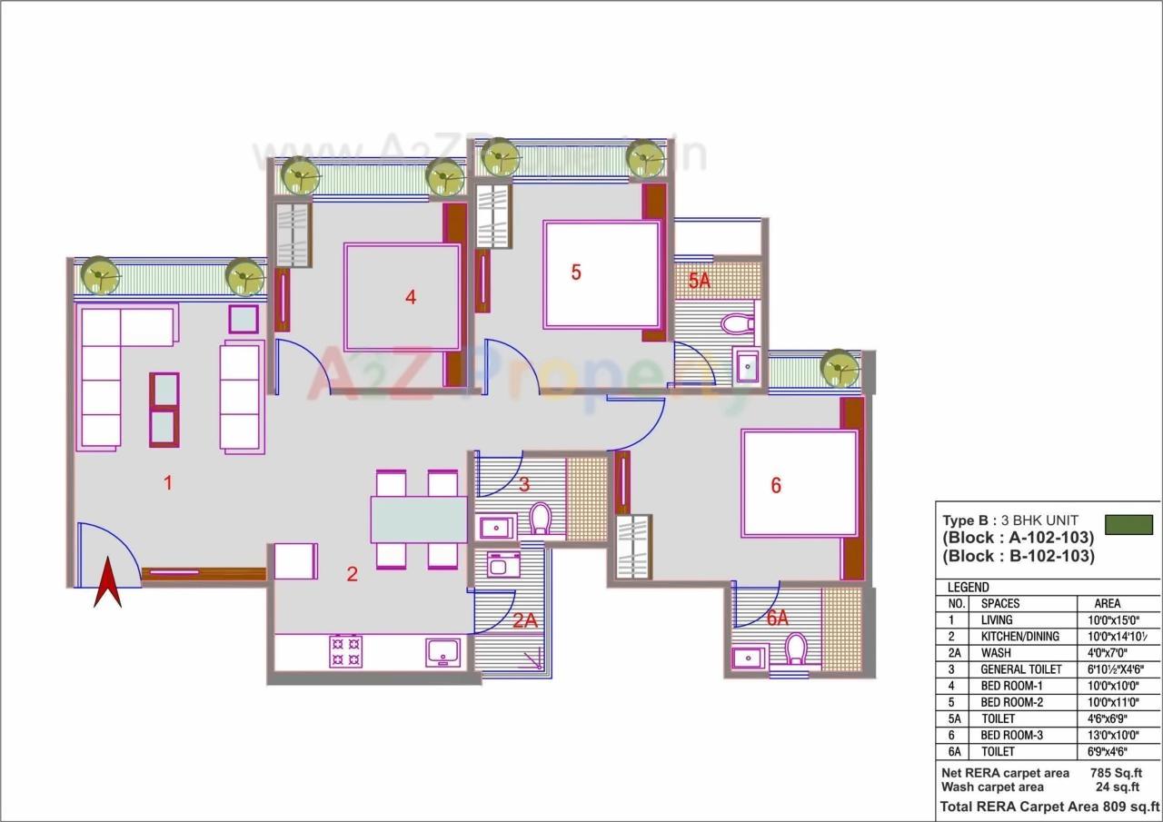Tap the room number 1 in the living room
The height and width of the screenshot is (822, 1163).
pos(167,483)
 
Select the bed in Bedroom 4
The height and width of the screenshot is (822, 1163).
pos(403,297)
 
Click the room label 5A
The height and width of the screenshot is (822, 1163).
pos(699,282)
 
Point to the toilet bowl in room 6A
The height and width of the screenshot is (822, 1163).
pos(797,649)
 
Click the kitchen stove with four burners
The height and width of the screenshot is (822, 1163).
pos(345,651)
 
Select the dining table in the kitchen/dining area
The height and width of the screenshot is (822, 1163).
pos(418,520)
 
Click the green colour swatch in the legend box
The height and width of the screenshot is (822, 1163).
pos(1128,525)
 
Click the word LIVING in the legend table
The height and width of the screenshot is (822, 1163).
pos(997,619)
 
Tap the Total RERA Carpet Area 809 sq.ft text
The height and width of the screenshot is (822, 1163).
pos(1049,807)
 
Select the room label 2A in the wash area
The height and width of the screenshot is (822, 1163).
pos(524,621)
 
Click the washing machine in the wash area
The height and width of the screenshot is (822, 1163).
pos(502,565)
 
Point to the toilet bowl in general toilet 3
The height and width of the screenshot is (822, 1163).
pos(541,519)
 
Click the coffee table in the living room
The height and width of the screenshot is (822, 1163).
pos(164,410)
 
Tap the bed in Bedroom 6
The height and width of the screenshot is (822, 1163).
pos(800,483)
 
